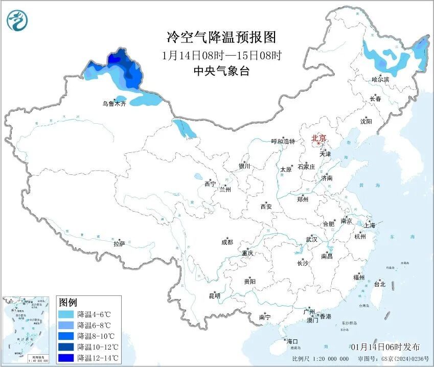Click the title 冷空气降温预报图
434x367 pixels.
[x=221, y=37]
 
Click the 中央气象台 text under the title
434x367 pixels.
[x=221, y=72]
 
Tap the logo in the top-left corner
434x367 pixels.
[x=17, y=20]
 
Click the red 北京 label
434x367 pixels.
[x=319, y=138]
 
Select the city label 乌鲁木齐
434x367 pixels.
[x=113, y=104]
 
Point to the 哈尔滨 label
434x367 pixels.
[x=380, y=80]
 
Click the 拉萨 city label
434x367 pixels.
[x=119, y=244]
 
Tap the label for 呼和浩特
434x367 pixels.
[x=283, y=142]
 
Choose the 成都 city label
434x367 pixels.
[x=227, y=242]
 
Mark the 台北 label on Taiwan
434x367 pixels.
[x=380, y=284]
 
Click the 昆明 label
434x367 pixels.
[x=214, y=296]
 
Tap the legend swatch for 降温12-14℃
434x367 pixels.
[x=66, y=357]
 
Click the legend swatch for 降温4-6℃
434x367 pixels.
[x=66, y=314]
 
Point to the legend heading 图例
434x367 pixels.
[x=67, y=302]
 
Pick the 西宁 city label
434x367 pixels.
[x=210, y=184]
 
